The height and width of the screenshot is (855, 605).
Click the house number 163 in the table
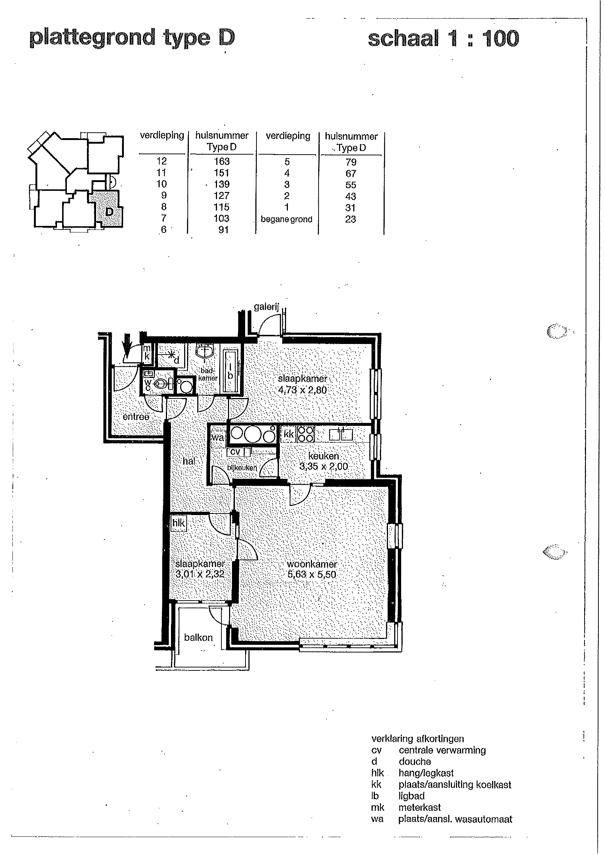tap(222, 161)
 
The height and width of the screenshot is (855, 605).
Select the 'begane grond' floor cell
tap(286, 219)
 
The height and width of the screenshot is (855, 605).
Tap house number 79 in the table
tap(351, 162)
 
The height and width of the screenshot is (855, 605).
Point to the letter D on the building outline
tap(109, 212)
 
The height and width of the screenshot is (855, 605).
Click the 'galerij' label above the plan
tap(266, 307)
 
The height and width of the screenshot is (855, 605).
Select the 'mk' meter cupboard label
tap(147, 352)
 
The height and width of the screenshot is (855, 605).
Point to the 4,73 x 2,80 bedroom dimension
tap(302, 390)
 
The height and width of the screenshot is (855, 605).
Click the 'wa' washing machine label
tap(218, 437)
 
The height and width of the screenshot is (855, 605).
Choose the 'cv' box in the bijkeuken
tap(235, 452)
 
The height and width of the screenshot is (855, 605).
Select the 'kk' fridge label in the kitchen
tap(289, 434)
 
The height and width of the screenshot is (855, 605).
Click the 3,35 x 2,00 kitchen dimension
tap(324, 466)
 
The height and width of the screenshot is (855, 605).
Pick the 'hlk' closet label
tap(178, 523)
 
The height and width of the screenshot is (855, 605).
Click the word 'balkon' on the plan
tap(198, 638)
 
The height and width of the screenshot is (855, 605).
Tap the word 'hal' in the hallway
tap(189, 461)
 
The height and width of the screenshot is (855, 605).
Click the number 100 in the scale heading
tap(500, 39)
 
